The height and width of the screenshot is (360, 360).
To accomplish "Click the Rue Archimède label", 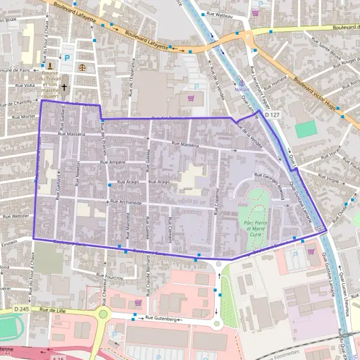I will click(x=126, y=203).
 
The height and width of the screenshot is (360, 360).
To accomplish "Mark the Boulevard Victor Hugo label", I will click(x=317, y=91).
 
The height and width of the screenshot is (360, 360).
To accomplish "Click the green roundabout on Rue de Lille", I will click(x=103, y=314).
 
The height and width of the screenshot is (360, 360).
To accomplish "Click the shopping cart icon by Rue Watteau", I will click(x=256, y=13).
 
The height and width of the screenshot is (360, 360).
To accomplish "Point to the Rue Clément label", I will click(x=170, y=229).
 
